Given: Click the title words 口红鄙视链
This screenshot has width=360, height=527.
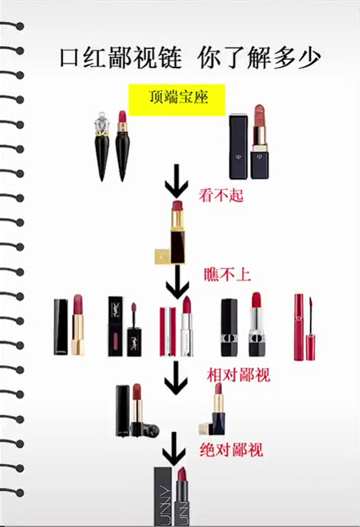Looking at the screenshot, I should click(x=121, y=58).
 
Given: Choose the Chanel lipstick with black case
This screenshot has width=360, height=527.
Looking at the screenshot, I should click(x=68, y=325).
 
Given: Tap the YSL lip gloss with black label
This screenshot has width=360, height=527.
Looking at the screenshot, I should click(x=125, y=326).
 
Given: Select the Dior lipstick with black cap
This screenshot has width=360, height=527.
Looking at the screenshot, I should click(x=241, y=326).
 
